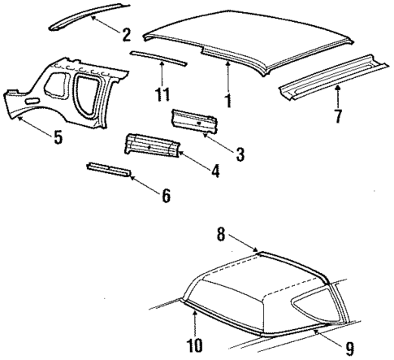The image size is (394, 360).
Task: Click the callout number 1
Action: point(228,103)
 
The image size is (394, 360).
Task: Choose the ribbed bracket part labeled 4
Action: point(149,145)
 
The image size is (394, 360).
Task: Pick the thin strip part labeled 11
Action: point(158,58)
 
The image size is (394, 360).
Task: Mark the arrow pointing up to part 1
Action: point(228,77)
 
